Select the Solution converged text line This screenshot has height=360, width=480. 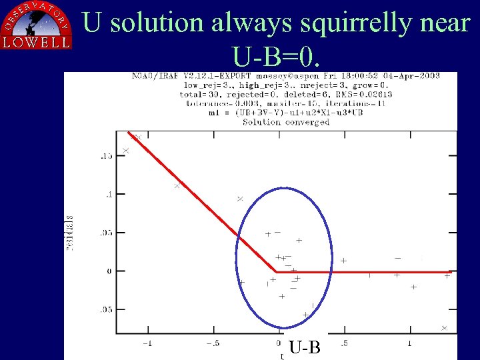click(286, 122)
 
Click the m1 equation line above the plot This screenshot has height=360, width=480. click(286, 113)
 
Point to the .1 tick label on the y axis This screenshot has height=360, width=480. click(107, 194)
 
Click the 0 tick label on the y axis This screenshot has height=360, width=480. click(108, 271)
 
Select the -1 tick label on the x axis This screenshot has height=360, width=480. click(147, 343)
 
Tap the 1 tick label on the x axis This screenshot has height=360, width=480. click(409, 343)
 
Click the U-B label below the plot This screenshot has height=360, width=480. click(305, 347)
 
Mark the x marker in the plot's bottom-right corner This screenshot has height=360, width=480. click(444, 328)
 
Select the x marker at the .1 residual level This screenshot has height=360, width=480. click(177, 186)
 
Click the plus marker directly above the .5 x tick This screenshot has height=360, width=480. click(343, 261)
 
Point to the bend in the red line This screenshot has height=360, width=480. click(276, 272)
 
